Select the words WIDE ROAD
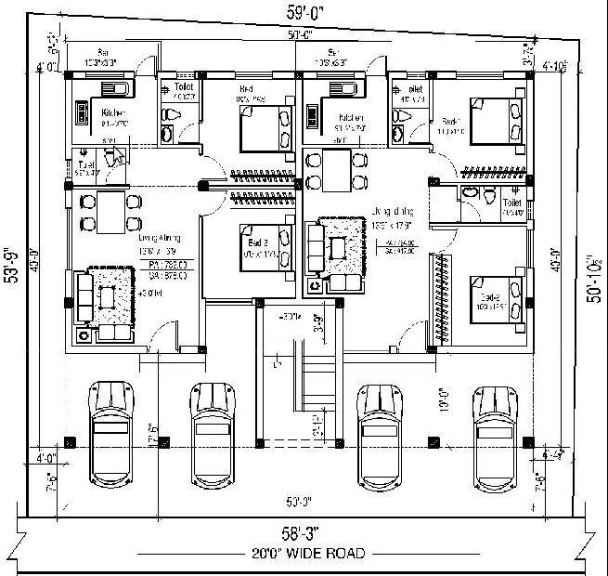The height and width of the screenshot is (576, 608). [x=328, y=553]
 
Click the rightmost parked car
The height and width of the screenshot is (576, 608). [x=498, y=432]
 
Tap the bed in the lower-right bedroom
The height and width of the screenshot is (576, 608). [x=492, y=298]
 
